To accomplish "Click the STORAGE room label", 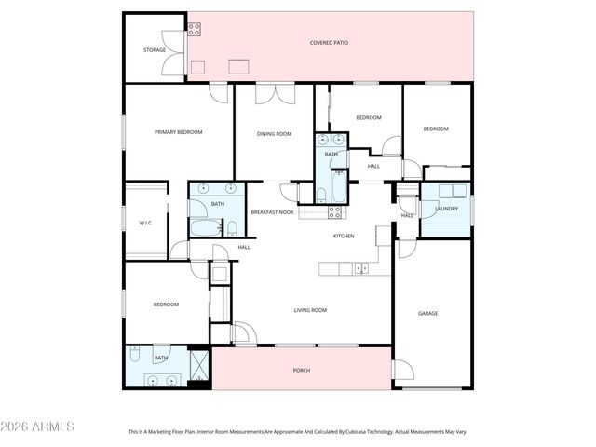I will (155, 50).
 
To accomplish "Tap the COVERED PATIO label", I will (329, 43).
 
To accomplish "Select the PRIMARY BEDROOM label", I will (178, 132).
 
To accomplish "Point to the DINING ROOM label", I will (274, 134).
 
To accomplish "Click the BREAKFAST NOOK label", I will (272, 212).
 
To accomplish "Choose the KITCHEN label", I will (344, 236).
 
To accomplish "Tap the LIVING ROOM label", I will (310, 310).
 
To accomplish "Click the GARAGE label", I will (427, 313).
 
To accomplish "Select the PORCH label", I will (302, 371).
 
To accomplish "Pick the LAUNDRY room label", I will (446, 208).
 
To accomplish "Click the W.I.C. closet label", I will (145, 223).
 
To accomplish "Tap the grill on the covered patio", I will (194, 29).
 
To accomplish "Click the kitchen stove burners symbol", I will (335, 212).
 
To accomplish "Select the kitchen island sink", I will (359, 269).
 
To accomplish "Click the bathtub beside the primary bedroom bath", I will (204, 227).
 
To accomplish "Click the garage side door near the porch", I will (402, 370).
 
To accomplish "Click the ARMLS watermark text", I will (38, 427).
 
